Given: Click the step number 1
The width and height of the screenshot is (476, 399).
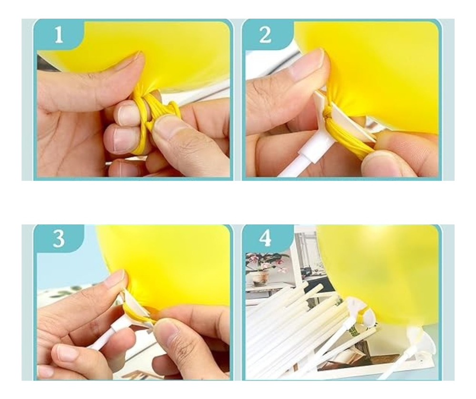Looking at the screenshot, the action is (59, 34).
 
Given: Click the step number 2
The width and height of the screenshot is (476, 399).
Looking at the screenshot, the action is (265, 34).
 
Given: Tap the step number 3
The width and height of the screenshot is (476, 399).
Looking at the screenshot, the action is (59, 239).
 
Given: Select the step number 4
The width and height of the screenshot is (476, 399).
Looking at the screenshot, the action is (265, 239).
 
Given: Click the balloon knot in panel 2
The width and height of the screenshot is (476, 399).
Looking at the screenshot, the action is (327, 116).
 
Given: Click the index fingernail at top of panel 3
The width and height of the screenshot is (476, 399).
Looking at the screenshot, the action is (115, 279).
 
